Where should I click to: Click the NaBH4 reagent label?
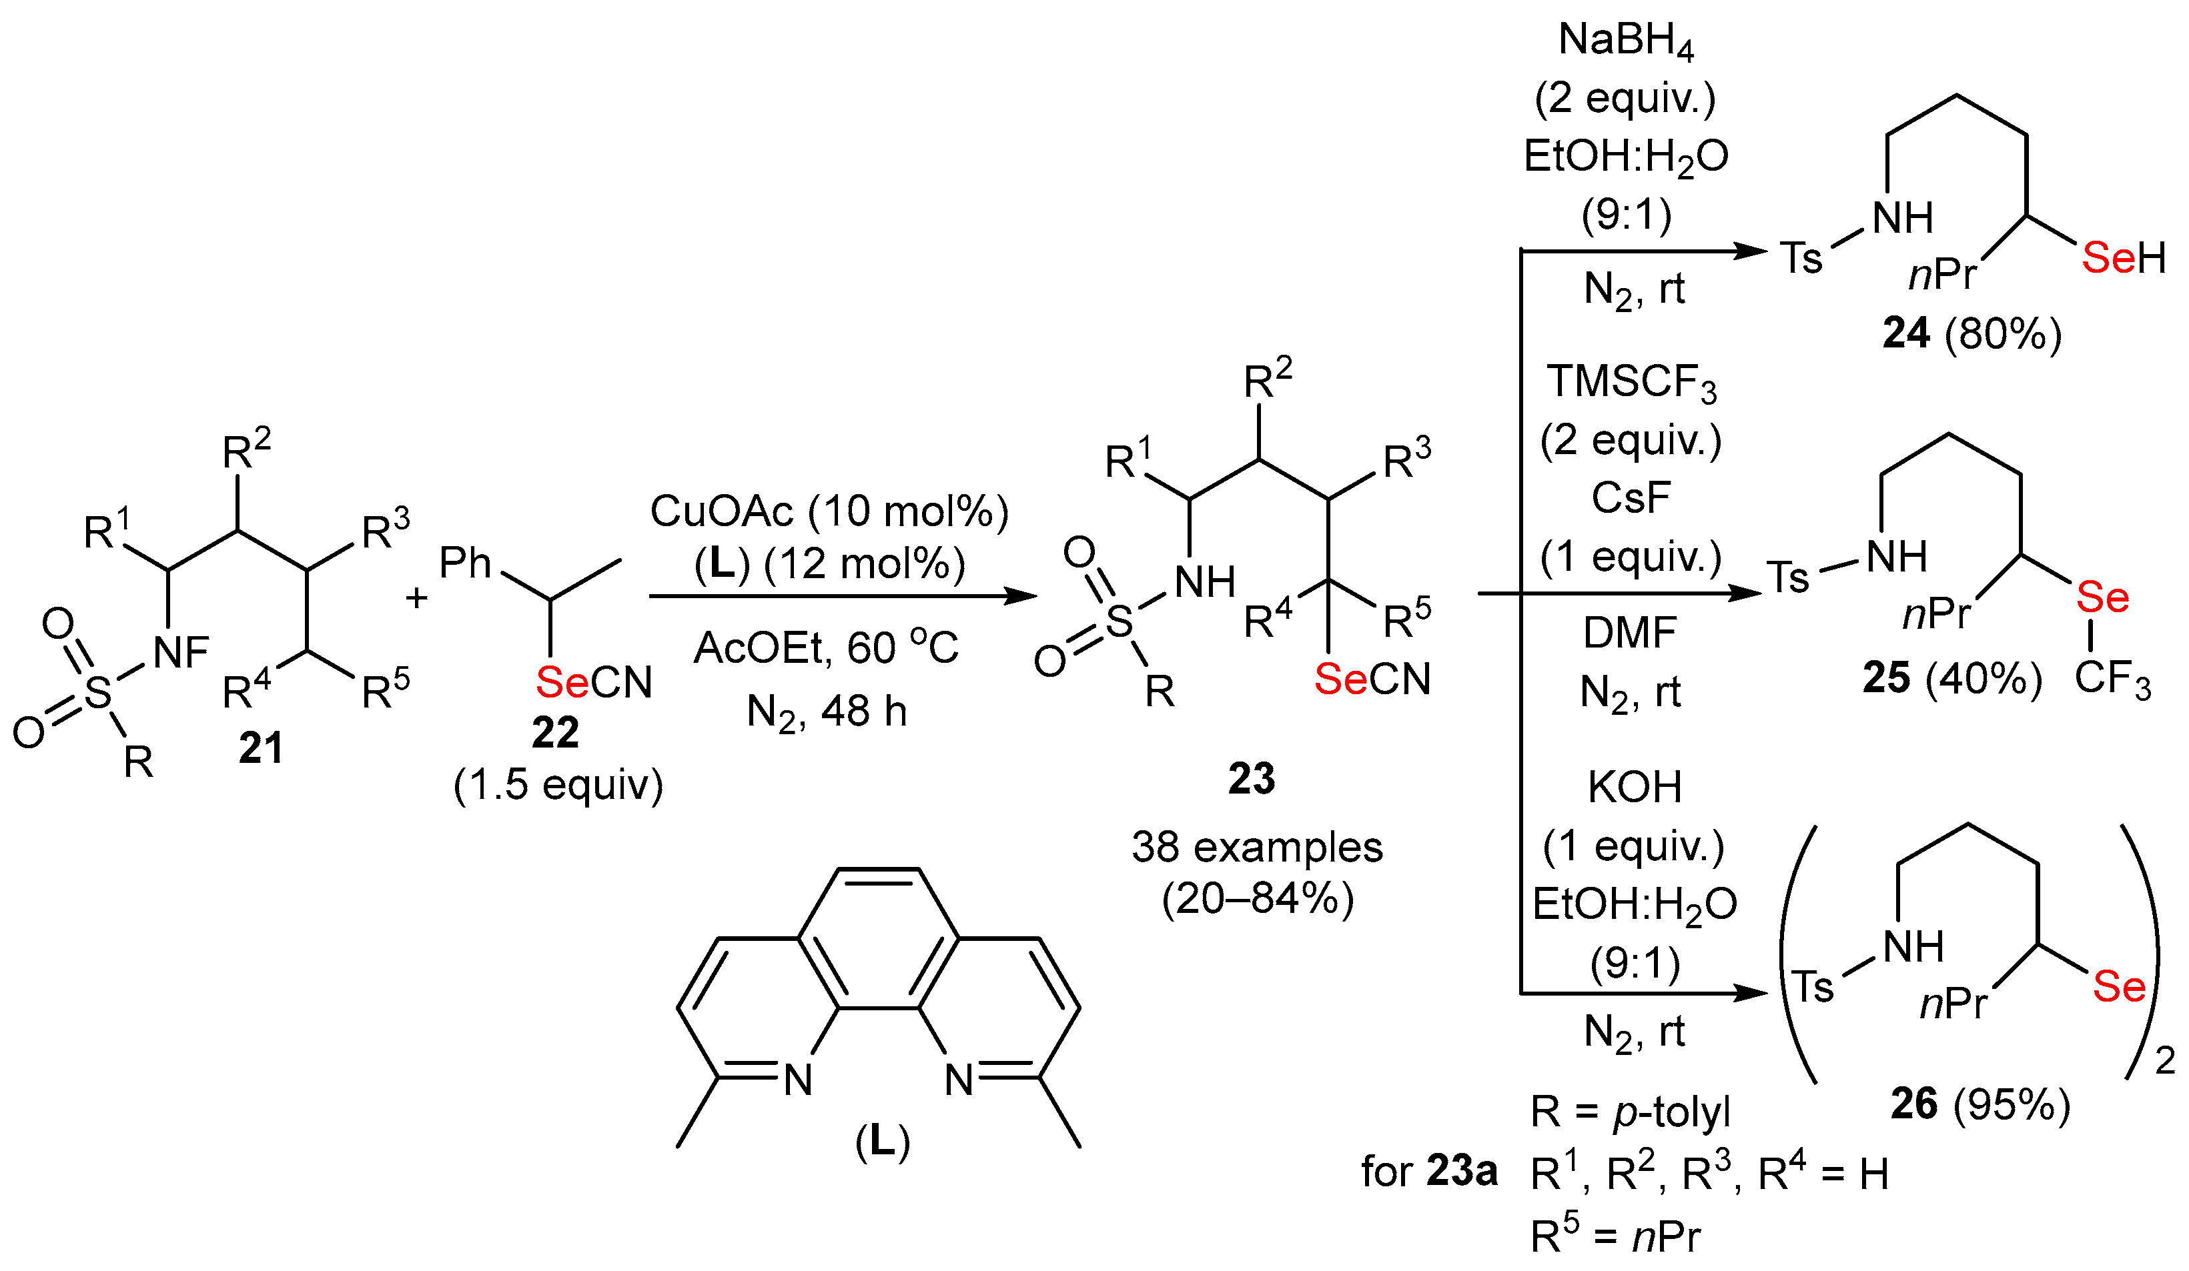point(1625,41)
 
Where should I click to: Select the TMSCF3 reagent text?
point(1631,383)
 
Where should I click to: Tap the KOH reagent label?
point(1635,788)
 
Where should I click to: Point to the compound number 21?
point(261,748)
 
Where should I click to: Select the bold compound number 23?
point(1251,779)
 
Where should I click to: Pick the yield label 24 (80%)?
point(1972,333)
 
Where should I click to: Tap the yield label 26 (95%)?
point(1981,1104)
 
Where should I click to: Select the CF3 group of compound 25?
point(2112,679)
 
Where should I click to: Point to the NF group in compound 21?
point(181,653)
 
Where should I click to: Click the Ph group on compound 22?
point(466,563)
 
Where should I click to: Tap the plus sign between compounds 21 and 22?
point(416,597)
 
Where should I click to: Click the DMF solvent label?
point(1630,633)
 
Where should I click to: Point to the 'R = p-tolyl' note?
point(1630,1112)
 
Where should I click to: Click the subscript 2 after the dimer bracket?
point(2165,1061)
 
